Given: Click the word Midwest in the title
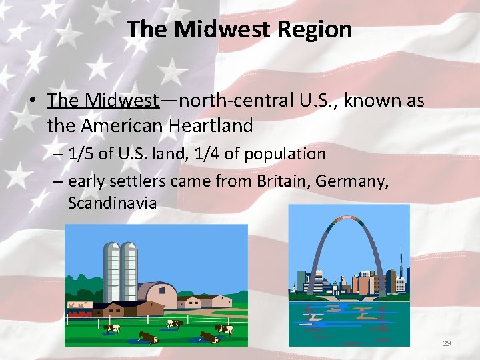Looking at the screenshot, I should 214,30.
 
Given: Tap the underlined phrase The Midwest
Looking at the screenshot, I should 103,101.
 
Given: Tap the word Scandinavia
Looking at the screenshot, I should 112,203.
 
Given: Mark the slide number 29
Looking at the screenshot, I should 447,343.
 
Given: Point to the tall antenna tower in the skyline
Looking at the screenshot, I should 401,263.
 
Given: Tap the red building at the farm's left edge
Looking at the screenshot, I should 79,311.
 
